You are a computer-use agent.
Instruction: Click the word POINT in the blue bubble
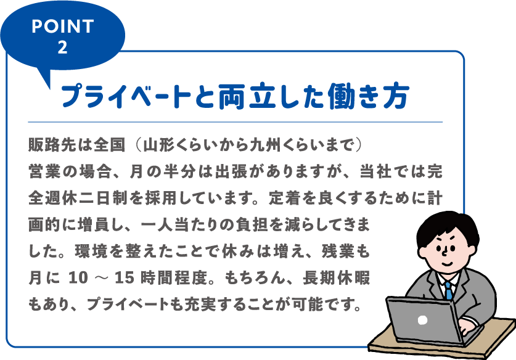63,27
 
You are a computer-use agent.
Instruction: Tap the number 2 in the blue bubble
62,47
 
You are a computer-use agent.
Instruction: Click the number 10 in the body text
78,278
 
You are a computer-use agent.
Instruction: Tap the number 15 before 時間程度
124,278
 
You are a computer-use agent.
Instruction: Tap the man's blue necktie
449,291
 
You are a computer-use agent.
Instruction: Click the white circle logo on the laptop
422,320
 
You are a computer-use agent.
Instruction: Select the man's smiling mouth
448,264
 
